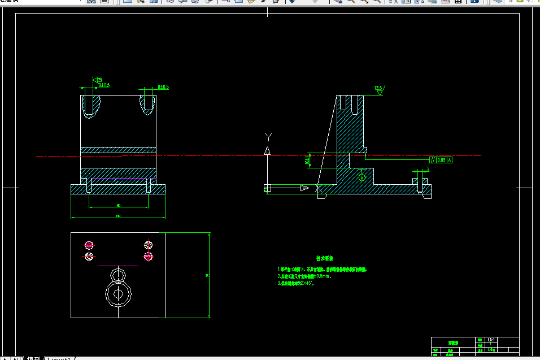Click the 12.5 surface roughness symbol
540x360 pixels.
tap(378, 89)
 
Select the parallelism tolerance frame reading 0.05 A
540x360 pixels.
tap(441, 160)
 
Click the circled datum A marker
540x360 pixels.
tap(363, 177)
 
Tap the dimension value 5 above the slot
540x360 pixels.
tap(428, 168)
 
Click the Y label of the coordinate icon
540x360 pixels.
tap(269, 136)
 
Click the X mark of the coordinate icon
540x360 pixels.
tap(319, 188)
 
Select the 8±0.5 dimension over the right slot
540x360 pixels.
tap(163, 87)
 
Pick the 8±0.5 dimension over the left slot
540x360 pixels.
tap(104, 85)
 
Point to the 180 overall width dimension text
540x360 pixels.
tap(118, 216)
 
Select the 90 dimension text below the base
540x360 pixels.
tap(118, 205)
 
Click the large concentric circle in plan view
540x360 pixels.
tap(118, 293)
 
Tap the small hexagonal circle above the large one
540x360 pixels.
tap(117, 275)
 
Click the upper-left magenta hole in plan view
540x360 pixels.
tap(89, 245)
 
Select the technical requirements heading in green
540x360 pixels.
tap(323, 258)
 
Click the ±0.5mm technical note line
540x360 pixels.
tap(304, 276)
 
